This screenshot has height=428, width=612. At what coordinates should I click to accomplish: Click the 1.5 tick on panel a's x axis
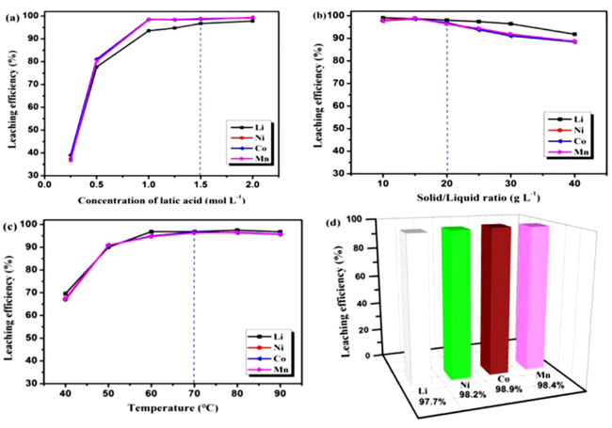pos(201,185)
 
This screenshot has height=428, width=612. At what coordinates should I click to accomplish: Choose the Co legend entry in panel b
pos(565,142)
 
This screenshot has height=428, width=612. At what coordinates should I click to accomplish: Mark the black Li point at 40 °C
pos(65,294)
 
